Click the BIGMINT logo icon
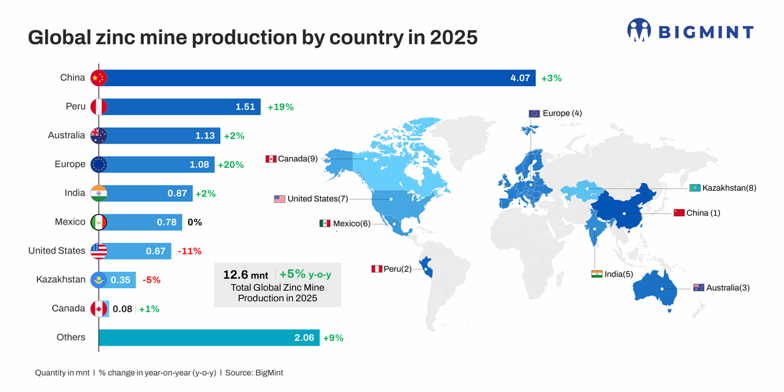point(639,31)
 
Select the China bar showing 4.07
point(317,78)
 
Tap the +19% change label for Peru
point(280,106)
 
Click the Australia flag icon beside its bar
point(99,135)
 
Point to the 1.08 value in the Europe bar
point(199,165)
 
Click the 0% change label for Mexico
point(195,222)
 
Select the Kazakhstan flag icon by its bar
point(99,280)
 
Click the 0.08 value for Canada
point(122,308)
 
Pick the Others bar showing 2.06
point(209,337)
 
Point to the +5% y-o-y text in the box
point(305,274)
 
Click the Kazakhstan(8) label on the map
point(729,188)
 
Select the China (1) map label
point(703,213)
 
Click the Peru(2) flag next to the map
point(376,269)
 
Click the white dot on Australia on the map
point(662,289)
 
